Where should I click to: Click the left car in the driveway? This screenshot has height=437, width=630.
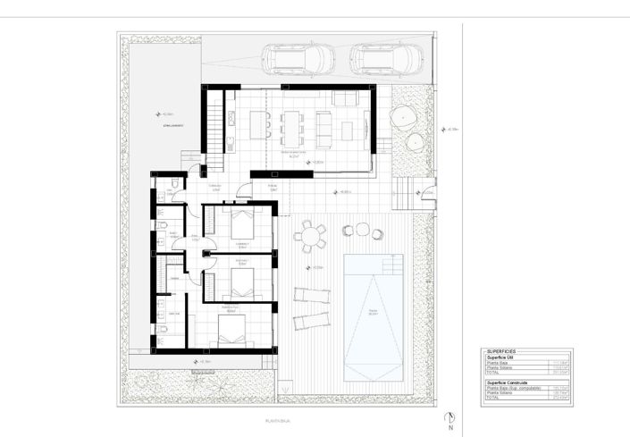tap(298, 59)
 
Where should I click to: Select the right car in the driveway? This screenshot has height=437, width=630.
tap(386, 59)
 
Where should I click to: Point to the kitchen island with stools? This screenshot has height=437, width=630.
tap(259, 123)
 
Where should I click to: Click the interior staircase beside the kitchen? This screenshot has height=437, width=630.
tap(215, 125)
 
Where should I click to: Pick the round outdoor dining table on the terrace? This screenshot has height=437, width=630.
tap(310, 237)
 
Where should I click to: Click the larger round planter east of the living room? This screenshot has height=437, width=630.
tap(403, 116)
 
